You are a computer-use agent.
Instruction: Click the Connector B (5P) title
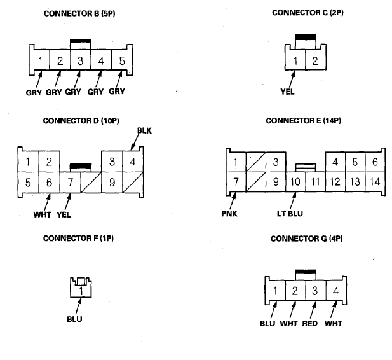point(79,13)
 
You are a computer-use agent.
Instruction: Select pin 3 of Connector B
point(81,60)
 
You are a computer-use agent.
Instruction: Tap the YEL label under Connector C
point(287,92)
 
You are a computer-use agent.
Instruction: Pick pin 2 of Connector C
point(315,60)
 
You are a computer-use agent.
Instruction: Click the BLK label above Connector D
point(144,130)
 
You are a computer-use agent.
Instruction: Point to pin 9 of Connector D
point(112,183)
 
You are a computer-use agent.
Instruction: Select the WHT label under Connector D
point(43,214)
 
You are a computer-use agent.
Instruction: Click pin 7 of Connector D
point(71,183)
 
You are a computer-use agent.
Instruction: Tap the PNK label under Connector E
point(229,214)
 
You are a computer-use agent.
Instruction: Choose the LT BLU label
point(290,214)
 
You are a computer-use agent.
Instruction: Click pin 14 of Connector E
point(375,182)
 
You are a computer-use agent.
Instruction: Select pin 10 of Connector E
point(295,182)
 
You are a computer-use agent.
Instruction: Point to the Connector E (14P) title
point(303,121)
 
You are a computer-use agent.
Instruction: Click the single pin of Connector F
point(81,291)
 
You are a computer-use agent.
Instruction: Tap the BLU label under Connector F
point(74,319)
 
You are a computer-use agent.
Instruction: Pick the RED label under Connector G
point(309,324)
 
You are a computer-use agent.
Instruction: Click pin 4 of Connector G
point(335,291)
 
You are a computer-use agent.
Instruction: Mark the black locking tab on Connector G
point(306,272)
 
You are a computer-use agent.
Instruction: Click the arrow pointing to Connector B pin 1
point(39,80)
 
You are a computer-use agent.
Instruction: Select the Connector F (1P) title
point(78,239)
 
